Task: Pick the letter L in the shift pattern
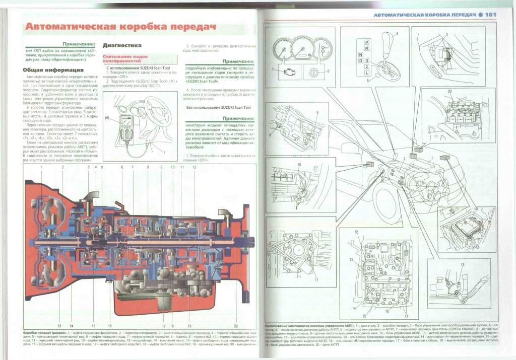coord(367,73)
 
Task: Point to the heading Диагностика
coord(122,45)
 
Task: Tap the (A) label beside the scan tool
coord(107,118)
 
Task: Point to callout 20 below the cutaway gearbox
coord(236,326)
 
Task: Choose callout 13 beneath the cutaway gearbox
coord(59,326)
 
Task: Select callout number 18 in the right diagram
coord(462,264)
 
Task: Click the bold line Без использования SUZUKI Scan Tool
coord(219,108)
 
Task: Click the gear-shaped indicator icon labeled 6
coord(313,71)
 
